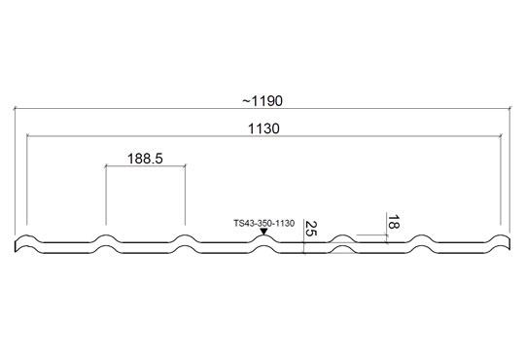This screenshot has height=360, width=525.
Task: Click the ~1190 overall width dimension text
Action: (x=262, y=100)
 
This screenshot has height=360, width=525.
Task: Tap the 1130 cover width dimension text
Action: (x=263, y=128)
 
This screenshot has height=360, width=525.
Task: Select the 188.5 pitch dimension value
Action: (x=145, y=159)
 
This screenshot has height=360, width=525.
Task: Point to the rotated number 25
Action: (x=311, y=229)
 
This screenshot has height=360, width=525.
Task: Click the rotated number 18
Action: (x=393, y=222)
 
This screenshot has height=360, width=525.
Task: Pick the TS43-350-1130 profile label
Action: (x=264, y=223)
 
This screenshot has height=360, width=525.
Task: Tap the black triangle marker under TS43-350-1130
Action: (x=263, y=232)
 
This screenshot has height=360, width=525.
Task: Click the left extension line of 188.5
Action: (x=106, y=195)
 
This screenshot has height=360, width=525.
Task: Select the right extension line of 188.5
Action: (x=185, y=195)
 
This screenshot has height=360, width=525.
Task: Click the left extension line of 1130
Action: (x=27, y=180)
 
